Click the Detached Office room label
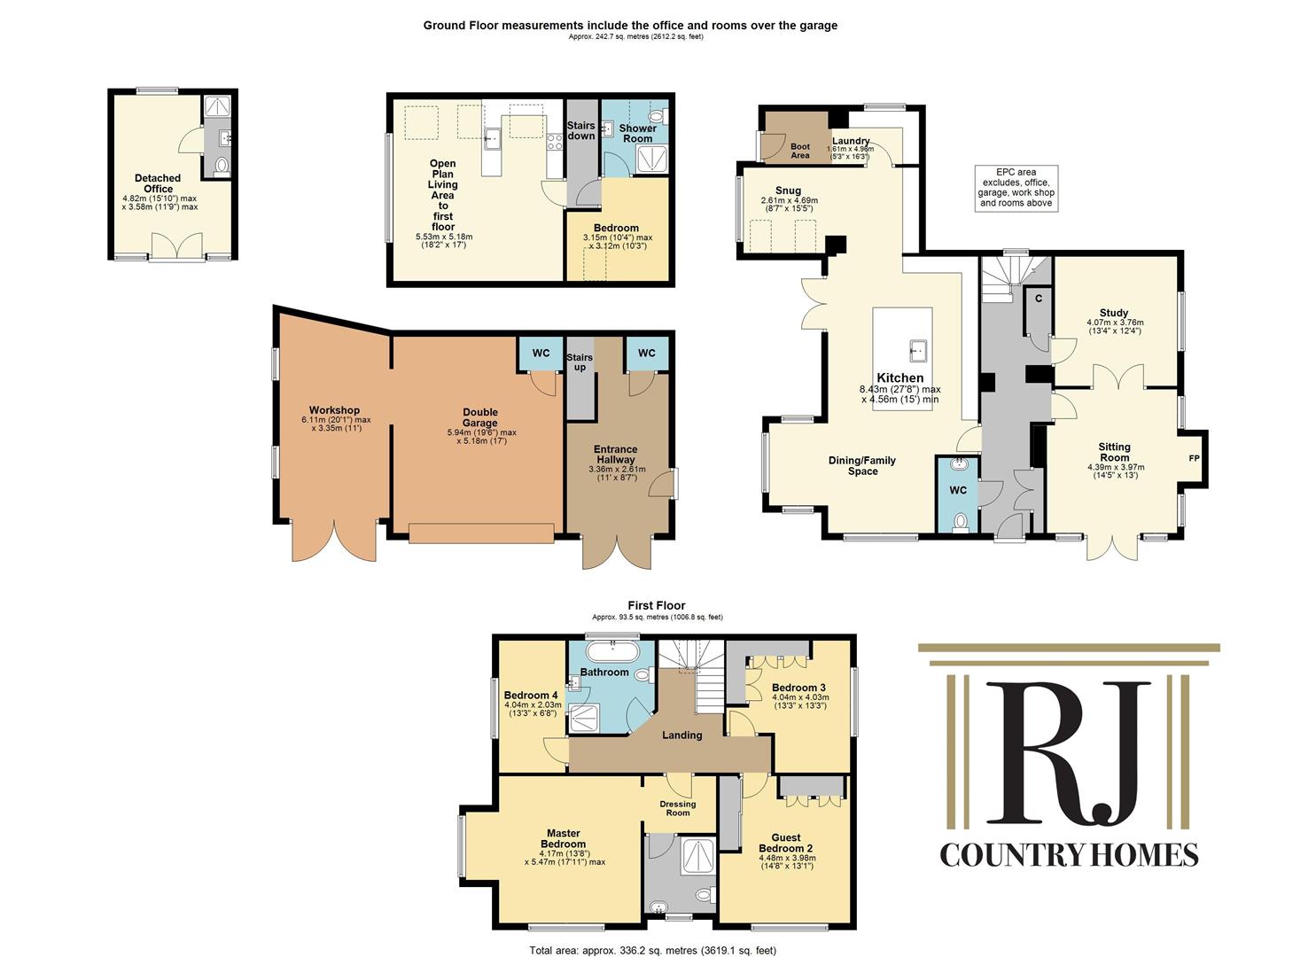(158, 183)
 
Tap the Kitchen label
(899, 377)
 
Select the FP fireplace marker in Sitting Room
(1194, 458)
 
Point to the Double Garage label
(480, 417)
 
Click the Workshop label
(335, 410)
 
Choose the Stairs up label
(580, 362)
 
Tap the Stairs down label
(581, 131)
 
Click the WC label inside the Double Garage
(541, 354)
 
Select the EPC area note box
(1015, 188)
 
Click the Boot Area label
(800, 151)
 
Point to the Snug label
(788, 191)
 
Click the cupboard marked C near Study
(1038, 299)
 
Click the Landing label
(681, 735)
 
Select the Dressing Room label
(678, 808)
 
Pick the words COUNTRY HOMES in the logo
(1069, 854)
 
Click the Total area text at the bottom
(652, 950)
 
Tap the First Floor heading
(657, 606)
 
